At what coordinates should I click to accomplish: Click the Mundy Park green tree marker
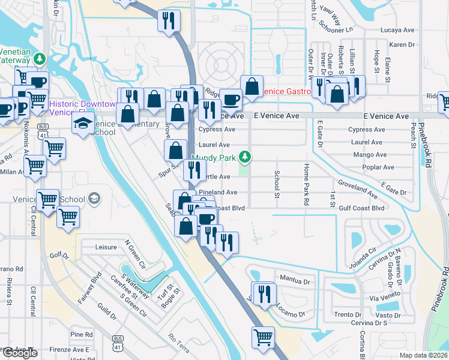(x=244, y=157)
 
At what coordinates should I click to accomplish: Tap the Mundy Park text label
(x=215, y=159)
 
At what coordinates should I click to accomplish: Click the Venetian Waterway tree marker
(x=40, y=59)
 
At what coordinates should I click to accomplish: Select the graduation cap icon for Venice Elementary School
(x=83, y=125)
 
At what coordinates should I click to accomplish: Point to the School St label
(x=277, y=185)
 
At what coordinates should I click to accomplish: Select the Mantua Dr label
(x=294, y=280)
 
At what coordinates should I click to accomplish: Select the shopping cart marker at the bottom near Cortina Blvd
(x=263, y=337)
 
